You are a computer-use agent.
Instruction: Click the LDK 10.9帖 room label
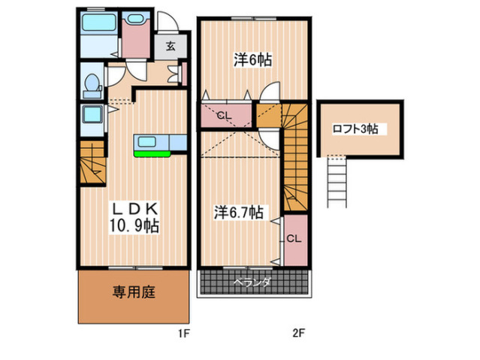click(x=134, y=217)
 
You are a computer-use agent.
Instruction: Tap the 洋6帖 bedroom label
click(x=253, y=59)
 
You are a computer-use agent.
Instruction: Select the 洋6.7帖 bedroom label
click(x=239, y=212)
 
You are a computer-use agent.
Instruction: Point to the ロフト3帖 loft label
click(x=355, y=129)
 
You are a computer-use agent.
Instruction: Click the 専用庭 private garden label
click(x=134, y=292)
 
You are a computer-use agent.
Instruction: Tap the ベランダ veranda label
click(x=252, y=282)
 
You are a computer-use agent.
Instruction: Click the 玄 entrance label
click(x=171, y=47)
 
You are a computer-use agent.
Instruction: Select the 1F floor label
click(x=184, y=333)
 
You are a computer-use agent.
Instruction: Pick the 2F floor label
click(x=298, y=333)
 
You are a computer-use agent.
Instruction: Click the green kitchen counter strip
click(x=152, y=154)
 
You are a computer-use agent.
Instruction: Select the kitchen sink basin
click(x=147, y=142)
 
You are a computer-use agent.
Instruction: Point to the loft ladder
click(x=337, y=183)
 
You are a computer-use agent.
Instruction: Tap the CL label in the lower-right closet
click(x=294, y=239)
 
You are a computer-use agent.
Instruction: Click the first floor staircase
click(x=92, y=162)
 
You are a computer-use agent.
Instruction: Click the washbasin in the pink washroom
click(x=136, y=18)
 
